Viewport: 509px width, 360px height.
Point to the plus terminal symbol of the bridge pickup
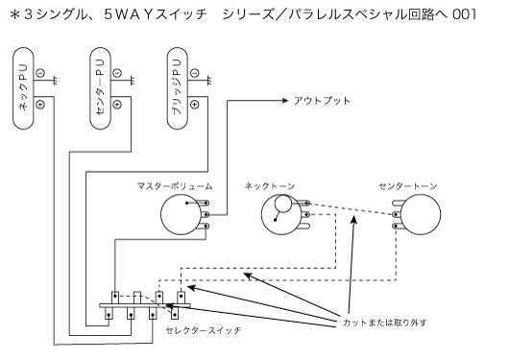click(196, 104)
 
